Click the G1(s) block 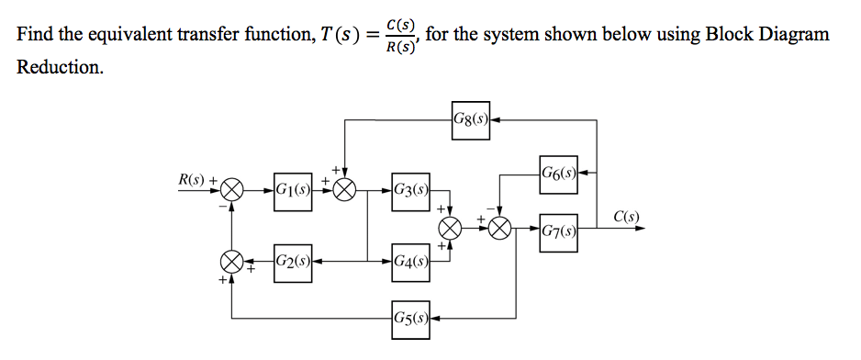[x=292, y=190]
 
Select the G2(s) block [x=292, y=261]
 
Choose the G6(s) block [x=558, y=171]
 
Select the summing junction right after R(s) [x=231, y=190]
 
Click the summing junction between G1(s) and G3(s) [x=345, y=190]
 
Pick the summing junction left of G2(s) [x=231, y=261]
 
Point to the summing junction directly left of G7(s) [x=500, y=228]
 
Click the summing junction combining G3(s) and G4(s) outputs [x=450, y=228]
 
